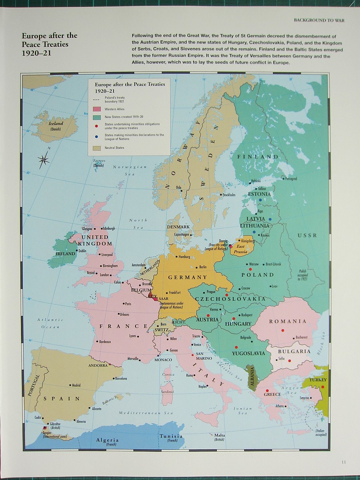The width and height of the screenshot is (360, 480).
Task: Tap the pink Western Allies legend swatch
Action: click(96, 109)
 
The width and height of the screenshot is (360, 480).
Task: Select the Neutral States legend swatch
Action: click(96, 148)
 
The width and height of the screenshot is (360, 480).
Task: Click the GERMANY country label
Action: click(188, 277)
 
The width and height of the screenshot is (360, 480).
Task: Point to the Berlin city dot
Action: click(196, 267)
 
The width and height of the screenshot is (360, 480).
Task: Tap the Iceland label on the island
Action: click(56, 124)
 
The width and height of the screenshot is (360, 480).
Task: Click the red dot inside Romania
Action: click(283, 330)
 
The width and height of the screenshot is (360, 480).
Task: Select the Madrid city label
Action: click(76, 385)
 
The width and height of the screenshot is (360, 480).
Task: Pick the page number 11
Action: click(344, 462)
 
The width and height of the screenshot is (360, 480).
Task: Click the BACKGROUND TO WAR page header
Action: click(319, 20)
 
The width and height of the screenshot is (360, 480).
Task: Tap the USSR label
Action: click(307, 235)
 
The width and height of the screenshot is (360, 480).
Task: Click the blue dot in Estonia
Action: click(260, 200)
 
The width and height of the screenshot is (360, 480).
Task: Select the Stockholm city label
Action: click(229, 195)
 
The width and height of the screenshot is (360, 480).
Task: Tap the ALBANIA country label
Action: click(252, 376)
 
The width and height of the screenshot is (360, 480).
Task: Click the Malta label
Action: click(219, 435)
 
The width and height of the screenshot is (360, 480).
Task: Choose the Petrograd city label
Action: click(291, 179)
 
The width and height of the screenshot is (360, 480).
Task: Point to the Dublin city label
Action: click(82, 251)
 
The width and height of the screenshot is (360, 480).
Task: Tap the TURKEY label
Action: click(318, 380)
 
